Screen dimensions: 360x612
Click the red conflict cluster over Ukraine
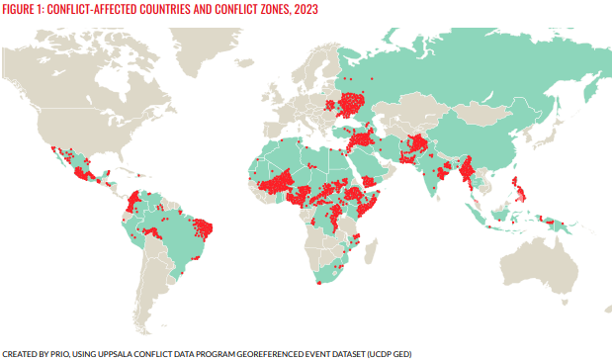(351, 103)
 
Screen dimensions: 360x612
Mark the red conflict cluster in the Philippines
(515, 188)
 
